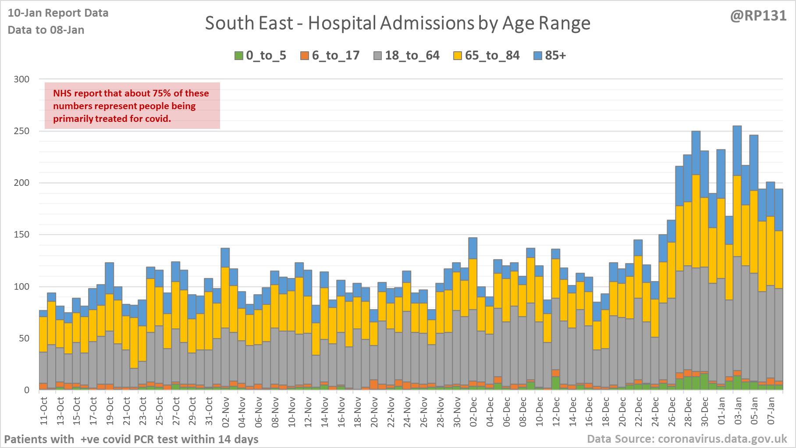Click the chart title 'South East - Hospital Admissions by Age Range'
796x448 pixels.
click(398, 23)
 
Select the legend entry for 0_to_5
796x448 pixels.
click(261, 56)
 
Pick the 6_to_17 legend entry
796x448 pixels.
click(330, 56)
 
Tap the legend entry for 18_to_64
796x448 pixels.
click(406, 56)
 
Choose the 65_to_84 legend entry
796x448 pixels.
click(487, 56)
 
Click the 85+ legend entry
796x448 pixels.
click(550, 56)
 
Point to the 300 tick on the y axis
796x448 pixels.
click(21, 79)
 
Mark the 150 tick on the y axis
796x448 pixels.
click(21, 235)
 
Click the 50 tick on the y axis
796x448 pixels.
click(24, 338)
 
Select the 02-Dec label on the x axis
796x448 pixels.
click(473, 411)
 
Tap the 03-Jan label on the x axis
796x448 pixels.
click(738, 411)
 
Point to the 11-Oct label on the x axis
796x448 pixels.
click(44, 411)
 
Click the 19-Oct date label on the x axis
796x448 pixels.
click(110, 411)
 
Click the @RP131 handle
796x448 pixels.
click(758, 16)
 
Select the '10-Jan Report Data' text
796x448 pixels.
click(58, 13)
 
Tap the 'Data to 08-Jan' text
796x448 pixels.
click(46, 30)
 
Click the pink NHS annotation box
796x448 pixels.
click(132, 106)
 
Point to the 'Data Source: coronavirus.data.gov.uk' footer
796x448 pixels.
click(687, 439)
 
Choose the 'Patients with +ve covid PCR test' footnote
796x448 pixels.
click(131, 439)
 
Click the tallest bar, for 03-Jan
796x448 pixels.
click(737, 263)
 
